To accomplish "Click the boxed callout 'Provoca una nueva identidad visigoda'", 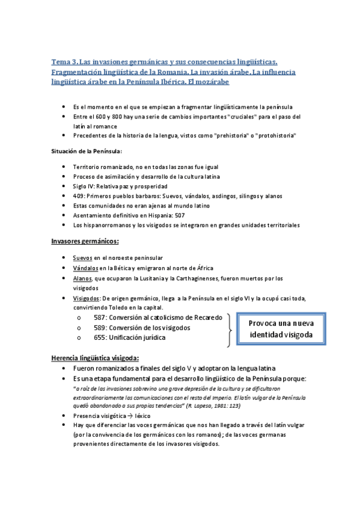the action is [282, 329].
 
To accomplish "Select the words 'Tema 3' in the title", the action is [64, 62].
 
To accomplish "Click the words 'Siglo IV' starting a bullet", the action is [83, 186].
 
